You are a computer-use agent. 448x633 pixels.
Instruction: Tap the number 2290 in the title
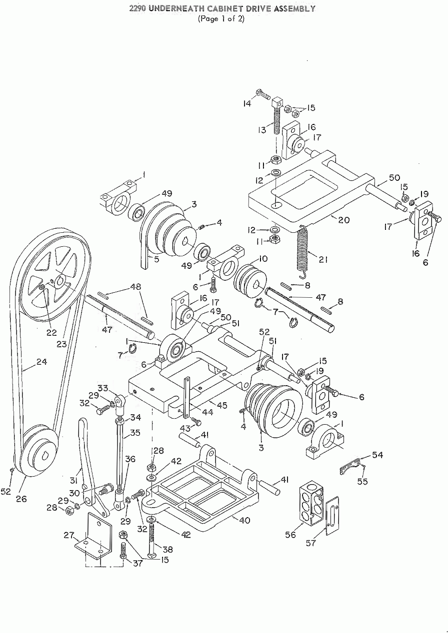(x=138, y=9)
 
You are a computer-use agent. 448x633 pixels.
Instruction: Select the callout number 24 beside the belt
(x=41, y=361)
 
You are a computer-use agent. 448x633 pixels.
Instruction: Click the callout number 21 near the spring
(x=323, y=259)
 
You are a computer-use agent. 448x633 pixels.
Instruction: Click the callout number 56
(x=290, y=535)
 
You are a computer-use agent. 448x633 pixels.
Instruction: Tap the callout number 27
(x=69, y=535)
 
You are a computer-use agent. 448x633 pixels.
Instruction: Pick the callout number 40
(x=245, y=520)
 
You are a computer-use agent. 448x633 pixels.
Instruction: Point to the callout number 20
(x=344, y=219)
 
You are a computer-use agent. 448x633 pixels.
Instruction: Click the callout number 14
(x=247, y=104)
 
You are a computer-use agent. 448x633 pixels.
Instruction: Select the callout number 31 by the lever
(x=74, y=480)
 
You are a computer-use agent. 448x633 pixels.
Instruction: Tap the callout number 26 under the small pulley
(x=21, y=499)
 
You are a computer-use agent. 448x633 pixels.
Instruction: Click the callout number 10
(x=263, y=259)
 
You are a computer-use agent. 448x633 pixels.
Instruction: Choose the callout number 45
(x=222, y=406)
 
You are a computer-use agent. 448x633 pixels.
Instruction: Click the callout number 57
(x=310, y=543)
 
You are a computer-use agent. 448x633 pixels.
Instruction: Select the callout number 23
(x=61, y=344)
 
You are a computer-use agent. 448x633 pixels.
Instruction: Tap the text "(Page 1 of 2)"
(x=221, y=19)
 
